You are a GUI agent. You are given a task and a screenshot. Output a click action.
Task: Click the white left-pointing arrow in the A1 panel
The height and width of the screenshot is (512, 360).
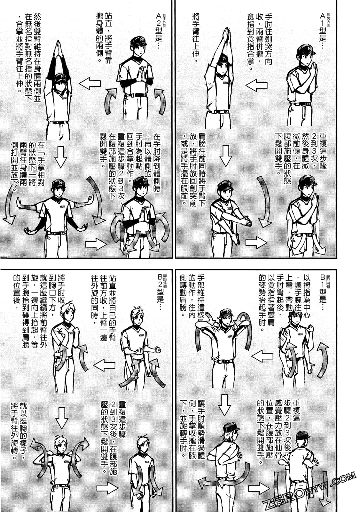coord(256,85)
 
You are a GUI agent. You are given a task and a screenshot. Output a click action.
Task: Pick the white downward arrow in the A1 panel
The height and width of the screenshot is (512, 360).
coord(226,156)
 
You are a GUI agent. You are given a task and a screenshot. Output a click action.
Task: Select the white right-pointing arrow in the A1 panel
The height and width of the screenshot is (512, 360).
coord(256,243)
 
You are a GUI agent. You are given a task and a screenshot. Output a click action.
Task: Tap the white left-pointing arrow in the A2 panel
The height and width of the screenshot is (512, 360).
coord(90,83)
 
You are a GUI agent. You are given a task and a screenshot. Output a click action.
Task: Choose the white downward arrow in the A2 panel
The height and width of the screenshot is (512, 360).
coord(61,157)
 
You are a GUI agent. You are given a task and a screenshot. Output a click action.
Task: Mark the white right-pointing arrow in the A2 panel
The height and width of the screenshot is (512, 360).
coord(96,244)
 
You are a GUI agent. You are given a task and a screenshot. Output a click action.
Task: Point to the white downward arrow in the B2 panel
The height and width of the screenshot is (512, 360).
coord(62,418)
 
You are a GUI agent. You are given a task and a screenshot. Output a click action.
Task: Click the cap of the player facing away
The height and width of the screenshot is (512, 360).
coord(303,436)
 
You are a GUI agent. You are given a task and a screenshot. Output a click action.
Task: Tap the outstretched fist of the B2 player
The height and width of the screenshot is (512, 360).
coord(158,349)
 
